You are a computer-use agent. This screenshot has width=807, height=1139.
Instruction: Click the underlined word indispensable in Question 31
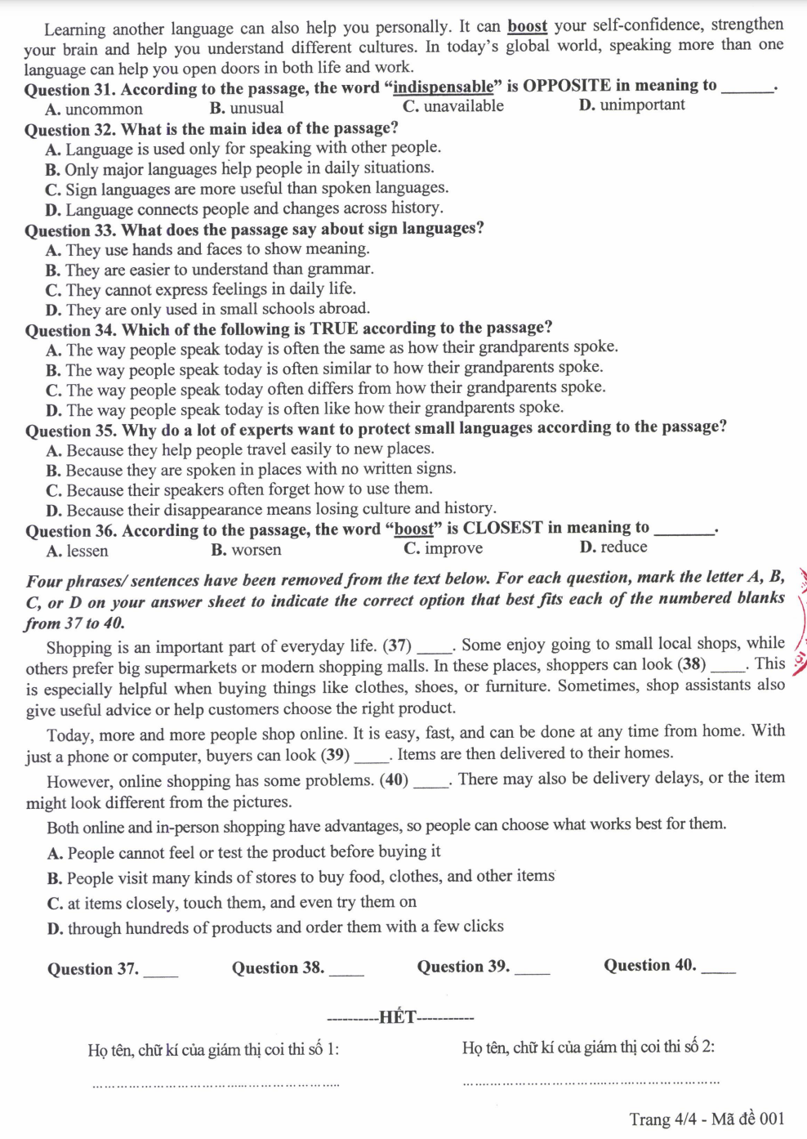[443, 87]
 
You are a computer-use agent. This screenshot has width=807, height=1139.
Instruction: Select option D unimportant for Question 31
[632, 105]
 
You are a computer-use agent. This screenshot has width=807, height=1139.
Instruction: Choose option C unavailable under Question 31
[453, 106]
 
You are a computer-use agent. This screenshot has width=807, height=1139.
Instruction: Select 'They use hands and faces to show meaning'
[207, 249]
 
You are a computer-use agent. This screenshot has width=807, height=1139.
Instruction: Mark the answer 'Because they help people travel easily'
[240, 449]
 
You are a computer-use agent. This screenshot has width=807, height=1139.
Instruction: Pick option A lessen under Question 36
[78, 551]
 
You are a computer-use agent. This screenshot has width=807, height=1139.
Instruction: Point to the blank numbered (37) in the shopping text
[434, 650]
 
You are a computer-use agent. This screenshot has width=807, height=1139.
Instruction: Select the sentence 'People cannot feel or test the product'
[244, 852]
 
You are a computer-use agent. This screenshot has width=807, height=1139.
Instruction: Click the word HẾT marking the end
[398, 1017]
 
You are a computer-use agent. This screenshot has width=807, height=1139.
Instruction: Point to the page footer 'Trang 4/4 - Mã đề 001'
[707, 1119]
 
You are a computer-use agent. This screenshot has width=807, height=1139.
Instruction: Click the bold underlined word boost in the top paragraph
[527, 26]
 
